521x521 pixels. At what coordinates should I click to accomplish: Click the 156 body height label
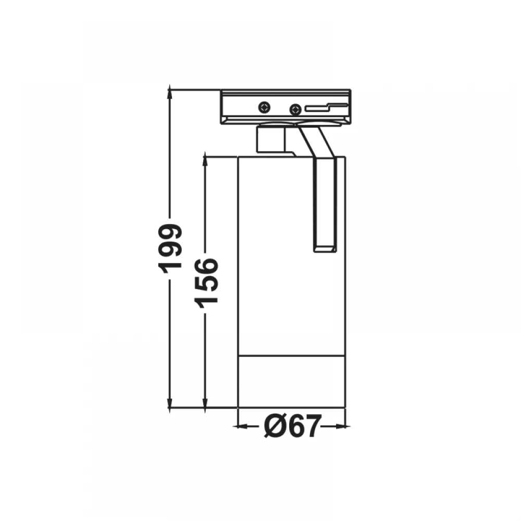coord(207,283)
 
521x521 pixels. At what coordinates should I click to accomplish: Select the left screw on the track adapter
coord(265,107)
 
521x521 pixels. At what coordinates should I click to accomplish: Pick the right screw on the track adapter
coord(295,109)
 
